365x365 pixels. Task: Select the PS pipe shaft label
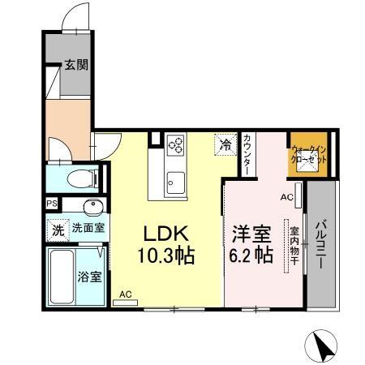(52, 204)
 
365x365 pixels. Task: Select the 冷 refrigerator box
(224, 145)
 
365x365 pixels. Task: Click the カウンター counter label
(247, 152)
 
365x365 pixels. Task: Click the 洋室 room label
(251, 232)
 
